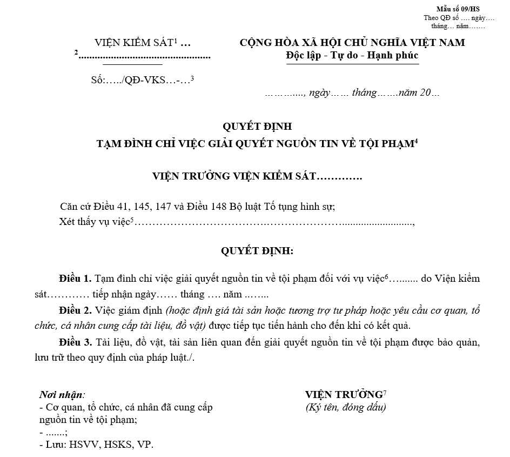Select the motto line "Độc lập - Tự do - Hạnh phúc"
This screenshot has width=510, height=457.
(x=352, y=55)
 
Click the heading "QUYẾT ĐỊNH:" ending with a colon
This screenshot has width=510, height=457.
(x=257, y=251)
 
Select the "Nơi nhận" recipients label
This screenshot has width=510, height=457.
(x=62, y=395)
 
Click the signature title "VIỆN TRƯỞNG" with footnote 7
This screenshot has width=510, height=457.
(x=344, y=394)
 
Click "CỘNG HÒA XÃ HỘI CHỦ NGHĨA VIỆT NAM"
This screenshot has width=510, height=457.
(x=352, y=43)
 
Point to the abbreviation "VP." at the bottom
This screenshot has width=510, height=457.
(x=146, y=445)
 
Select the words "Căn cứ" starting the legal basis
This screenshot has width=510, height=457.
(x=76, y=207)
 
